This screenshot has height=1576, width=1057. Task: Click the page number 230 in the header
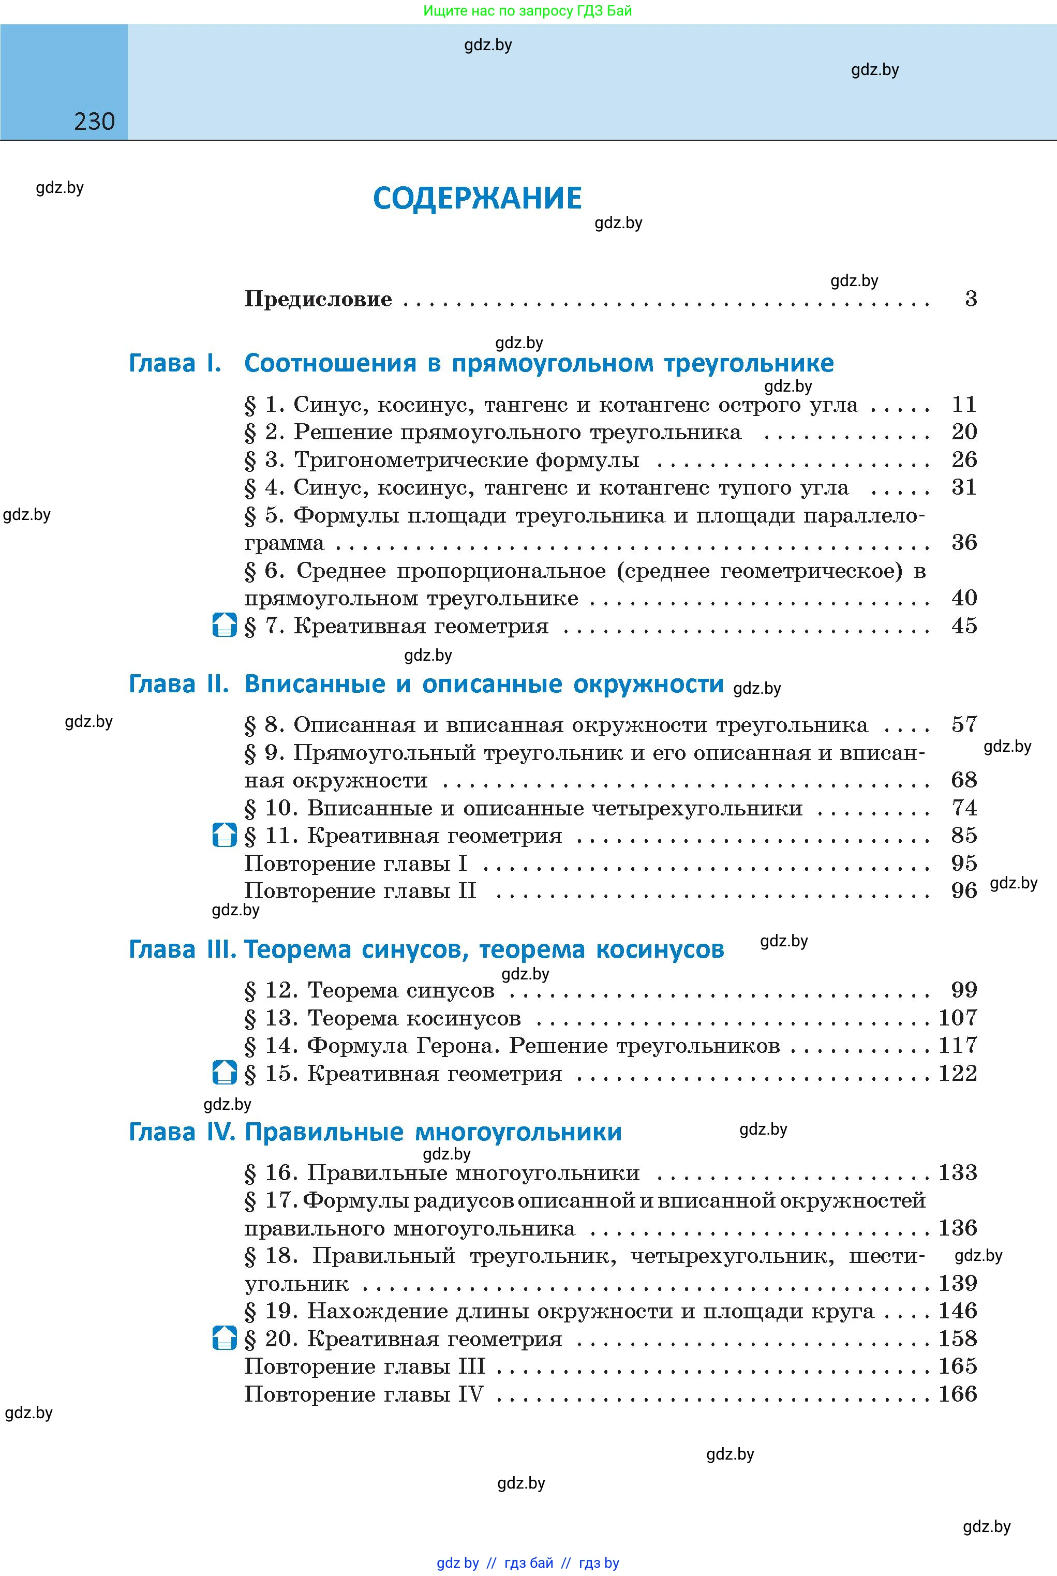[x=94, y=122]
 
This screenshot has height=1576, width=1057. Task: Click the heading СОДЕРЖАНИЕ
[x=477, y=198]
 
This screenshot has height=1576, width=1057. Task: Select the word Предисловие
[x=318, y=299]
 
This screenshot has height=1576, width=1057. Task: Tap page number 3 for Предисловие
[x=971, y=299]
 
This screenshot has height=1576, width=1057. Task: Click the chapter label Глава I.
[x=174, y=363]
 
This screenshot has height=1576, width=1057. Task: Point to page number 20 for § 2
[x=964, y=432]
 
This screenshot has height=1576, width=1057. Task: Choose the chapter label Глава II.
[x=178, y=684]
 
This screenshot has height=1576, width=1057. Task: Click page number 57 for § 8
[x=964, y=725]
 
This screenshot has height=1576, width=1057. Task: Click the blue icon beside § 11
[x=225, y=835]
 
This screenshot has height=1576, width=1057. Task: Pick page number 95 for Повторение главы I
[x=964, y=863]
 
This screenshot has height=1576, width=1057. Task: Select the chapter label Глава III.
[x=182, y=949]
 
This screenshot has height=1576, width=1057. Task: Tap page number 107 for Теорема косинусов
[x=958, y=1018]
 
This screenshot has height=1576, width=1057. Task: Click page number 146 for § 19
[x=958, y=1311]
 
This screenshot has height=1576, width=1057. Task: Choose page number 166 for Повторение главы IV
[x=958, y=1393]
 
